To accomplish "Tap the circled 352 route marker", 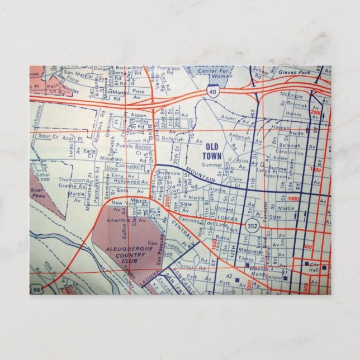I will (252, 226).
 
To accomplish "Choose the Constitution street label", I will (289, 153).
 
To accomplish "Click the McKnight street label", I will (291, 96).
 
